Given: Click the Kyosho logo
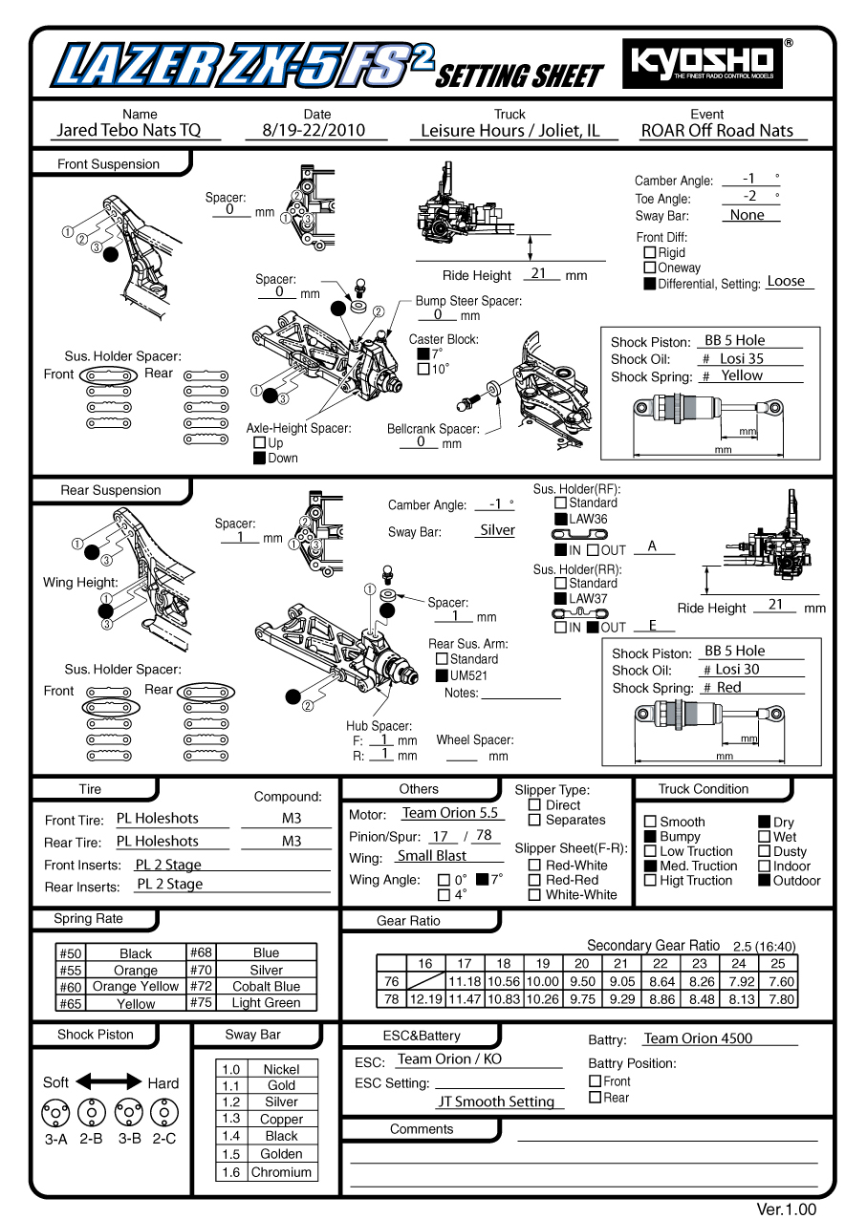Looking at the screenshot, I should coord(703,63).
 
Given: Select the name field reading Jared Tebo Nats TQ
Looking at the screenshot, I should coord(129,131).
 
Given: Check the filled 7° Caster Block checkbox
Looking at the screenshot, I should coord(423,353).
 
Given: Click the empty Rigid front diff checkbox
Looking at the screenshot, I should coord(650,253).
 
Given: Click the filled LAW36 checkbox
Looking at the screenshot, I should coord(561,520).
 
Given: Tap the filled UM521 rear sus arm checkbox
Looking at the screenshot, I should coord(442,675).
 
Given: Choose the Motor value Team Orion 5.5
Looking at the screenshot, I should coord(450,813).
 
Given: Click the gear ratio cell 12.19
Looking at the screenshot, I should coord(425,999).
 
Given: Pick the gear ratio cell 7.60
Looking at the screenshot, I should coord(781,981).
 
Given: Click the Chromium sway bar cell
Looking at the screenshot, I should coord(281,1172).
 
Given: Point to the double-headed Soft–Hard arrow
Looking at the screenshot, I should coord(108,1082).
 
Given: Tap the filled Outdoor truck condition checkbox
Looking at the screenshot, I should coord(765,881).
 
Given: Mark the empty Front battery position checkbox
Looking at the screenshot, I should coord(595,1081).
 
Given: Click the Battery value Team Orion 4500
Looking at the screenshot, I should coord(698,1038).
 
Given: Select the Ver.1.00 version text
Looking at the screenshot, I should coord(787,1209).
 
